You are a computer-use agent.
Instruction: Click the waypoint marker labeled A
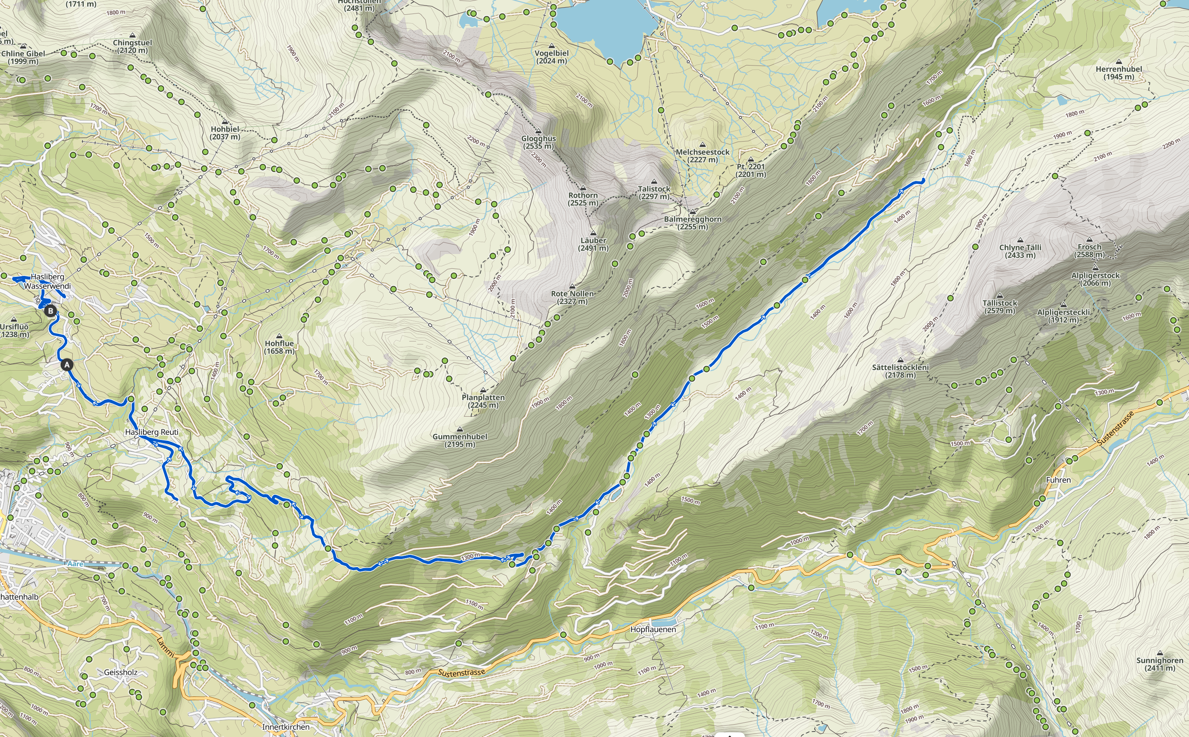click(x=67, y=365)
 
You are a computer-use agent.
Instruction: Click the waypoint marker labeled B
click(x=50, y=311)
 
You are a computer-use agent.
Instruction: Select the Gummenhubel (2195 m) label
click(x=460, y=440)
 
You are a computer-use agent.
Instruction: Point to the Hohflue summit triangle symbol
click(x=279, y=336)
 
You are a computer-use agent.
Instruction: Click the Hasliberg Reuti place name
click(x=152, y=432)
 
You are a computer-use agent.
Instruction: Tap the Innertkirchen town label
click(x=286, y=727)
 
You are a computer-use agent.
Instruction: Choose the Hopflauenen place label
click(x=653, y=629)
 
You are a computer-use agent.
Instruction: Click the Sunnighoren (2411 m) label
click(x=1159, y=664)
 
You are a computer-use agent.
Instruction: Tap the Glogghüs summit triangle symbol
click(x=538, y=131)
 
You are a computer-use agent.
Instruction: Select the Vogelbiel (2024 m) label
click(x=552, y=57)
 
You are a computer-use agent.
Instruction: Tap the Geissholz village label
click(x=121, y=672)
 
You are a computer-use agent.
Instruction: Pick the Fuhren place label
click(x=1058, y=480)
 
